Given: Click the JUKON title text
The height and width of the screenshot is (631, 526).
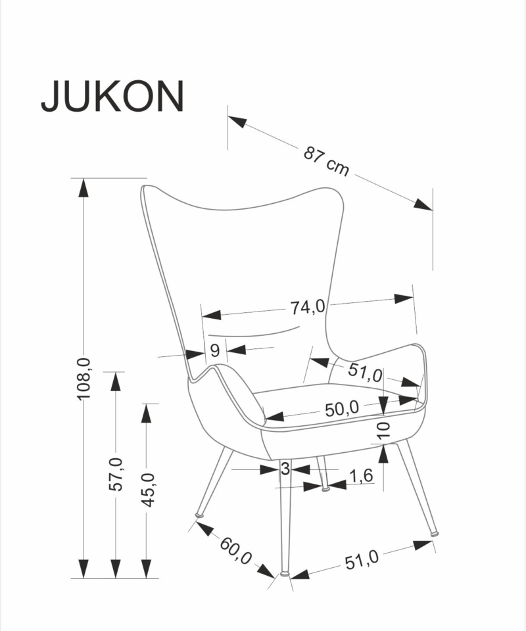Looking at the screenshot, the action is coord(112,96).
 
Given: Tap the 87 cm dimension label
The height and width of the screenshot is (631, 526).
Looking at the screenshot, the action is coord(326,162).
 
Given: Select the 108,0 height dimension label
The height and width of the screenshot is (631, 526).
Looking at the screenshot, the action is coord(84,379).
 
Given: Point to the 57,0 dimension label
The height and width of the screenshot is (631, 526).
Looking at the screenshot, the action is coord(116,474).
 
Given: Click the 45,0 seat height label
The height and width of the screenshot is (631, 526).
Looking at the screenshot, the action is coord(147,490).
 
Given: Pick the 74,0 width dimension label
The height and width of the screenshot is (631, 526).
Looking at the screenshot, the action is coord(308,307).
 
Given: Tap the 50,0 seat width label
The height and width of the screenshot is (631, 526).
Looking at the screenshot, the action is coord(342,409).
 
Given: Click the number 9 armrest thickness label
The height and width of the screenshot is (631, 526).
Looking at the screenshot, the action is coord(215,350).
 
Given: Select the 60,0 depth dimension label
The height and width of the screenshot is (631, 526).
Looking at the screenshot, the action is coord(236,551).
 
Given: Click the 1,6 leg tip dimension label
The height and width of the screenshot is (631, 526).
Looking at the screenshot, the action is coord(361,476).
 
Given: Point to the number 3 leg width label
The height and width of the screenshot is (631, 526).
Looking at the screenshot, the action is coord(285,469).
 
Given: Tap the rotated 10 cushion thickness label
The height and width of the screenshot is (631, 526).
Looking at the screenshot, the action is coord(385,430).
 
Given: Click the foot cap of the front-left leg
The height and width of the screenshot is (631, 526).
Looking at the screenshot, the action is coord(285,573).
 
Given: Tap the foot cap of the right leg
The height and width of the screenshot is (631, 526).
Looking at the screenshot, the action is coord(434,533).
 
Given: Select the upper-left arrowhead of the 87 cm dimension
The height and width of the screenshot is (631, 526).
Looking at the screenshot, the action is coord(237,122).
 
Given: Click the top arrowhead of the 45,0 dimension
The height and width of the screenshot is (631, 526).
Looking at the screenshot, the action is coord(147,413).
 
